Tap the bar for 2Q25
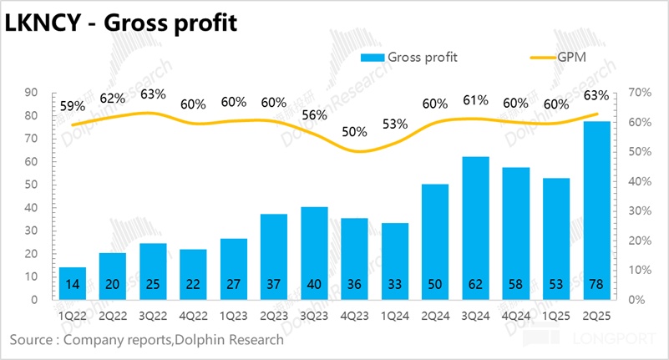[x=596, y=210]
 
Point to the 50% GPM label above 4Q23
[x=354, y=132]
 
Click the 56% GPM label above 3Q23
[x=314, y=116]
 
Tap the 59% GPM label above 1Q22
[x=73, y=106]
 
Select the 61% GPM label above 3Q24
[x=475, y=100]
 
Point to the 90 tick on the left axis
[x=33, y=92]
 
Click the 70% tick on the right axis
[x=636, y=92]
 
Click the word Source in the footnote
[x=32, y=340]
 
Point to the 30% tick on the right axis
[x=636, y=210]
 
